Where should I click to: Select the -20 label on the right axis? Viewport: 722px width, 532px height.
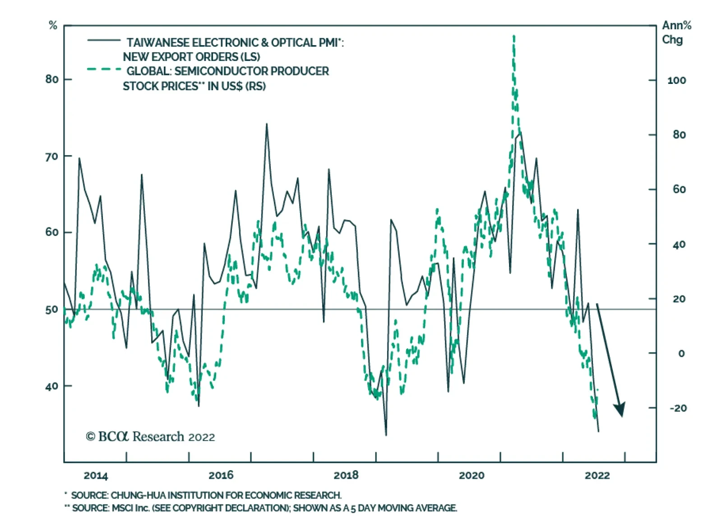click(x=678, y=408)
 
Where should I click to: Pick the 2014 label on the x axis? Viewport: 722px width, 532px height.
click(x=96, y=475)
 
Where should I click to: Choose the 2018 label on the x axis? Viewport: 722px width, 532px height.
click(x=346, y=475)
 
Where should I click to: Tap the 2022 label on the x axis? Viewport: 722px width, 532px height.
click(x=597, y=475)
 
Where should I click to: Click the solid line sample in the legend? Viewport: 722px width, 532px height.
click(x=104, y=41)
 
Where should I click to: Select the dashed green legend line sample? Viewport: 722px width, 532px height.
click(x=104, y=69)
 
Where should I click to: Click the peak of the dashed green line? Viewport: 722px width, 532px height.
click(x=514, y=36)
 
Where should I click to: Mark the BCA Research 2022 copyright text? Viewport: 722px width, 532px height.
click(x=150, y=436)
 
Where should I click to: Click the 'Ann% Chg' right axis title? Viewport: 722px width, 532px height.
click(x=676, y=32)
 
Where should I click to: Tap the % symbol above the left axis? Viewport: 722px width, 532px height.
click(x=53, y=26)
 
